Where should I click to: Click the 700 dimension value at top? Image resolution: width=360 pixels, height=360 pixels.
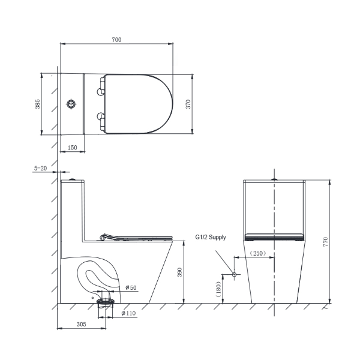click(116, 40)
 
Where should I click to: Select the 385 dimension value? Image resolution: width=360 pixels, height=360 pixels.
click(37, 104)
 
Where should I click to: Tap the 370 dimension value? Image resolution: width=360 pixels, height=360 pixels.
click(188, 104)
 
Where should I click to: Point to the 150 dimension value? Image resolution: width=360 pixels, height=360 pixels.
click(73, 148)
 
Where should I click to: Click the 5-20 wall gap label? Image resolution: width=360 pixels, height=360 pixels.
click(40, 168)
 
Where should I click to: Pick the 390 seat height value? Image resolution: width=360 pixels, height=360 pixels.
click(179, 272)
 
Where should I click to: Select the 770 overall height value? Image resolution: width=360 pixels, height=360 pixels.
click(326, 242)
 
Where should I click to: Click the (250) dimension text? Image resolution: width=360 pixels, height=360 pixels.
click(258, 253)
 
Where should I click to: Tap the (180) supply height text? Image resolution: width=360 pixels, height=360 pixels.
click(218, 289)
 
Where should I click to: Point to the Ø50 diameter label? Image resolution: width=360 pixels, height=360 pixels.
click(131, 287)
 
